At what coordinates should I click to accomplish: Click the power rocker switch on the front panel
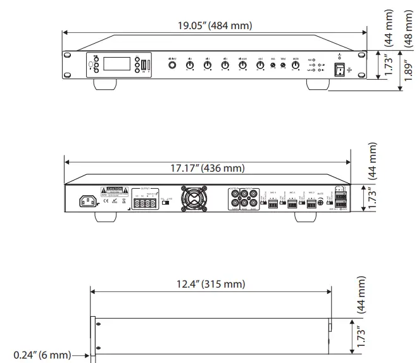pos(341,68)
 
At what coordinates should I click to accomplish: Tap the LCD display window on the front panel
pos(117,65)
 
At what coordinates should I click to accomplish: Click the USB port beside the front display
pos(144,65)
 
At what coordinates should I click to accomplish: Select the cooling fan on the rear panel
pos(193,198)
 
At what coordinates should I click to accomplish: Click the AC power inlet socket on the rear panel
pos(89,201)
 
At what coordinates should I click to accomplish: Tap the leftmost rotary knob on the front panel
pos(173,65)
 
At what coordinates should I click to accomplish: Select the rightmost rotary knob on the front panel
pos(296,65)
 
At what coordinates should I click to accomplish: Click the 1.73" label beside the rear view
pos(373,198)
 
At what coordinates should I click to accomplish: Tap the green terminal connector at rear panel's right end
pos(341,198)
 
